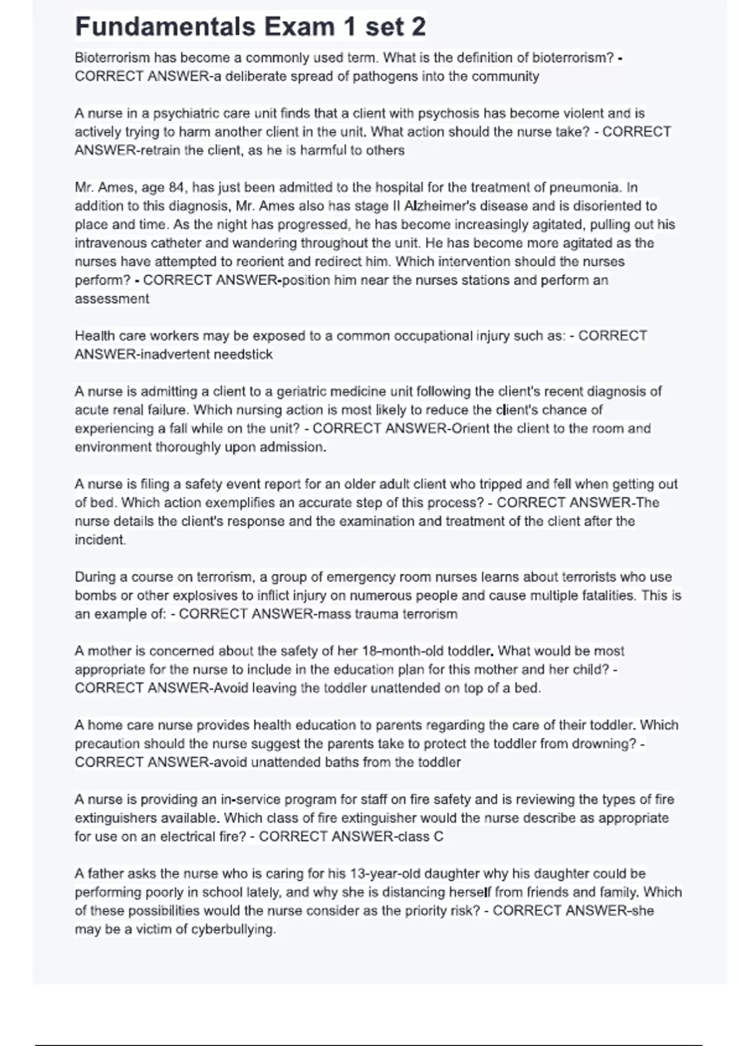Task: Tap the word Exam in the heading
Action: click(300, 27)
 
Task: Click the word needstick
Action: click(243, 354)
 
